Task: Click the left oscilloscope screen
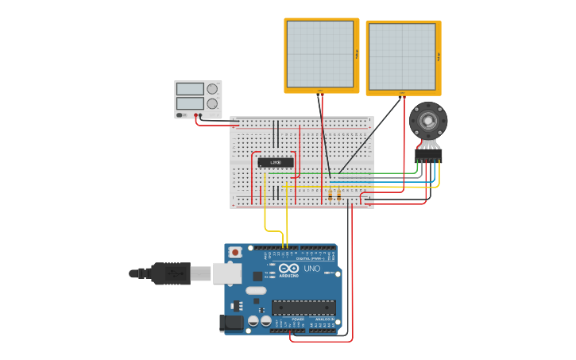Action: pyautogui.click(x=320, y=54)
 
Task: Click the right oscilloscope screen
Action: pyautogui.click(x=401, y=56)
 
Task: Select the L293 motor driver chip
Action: pyautogui.click(x=276, y=162)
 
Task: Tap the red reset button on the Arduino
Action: pyautogui.click(x=235, y=252)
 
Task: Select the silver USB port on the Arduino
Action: pyautogui.click(x=227, y=273)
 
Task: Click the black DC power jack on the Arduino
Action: pyautogui.click(x=232, y=322)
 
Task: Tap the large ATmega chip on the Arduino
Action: pyautogui.click(x=303, y=308)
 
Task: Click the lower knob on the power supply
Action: pyautogui.click(x=212, y=104)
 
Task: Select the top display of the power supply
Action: pyautogui.click(x=191, y=89)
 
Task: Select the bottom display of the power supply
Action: pyautogui.click(x=191, y=103)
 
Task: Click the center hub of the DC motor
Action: pyautogui.click(x=428, y=121)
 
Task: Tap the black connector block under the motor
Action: pyautogui.click(x=428, y=154)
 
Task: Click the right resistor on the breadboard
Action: pyautogui.click(x=339, y=194)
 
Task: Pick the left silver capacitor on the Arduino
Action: pyautogui.click(x=253, y=321)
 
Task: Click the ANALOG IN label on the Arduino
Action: pyautogui.click(x=325, y=319)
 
